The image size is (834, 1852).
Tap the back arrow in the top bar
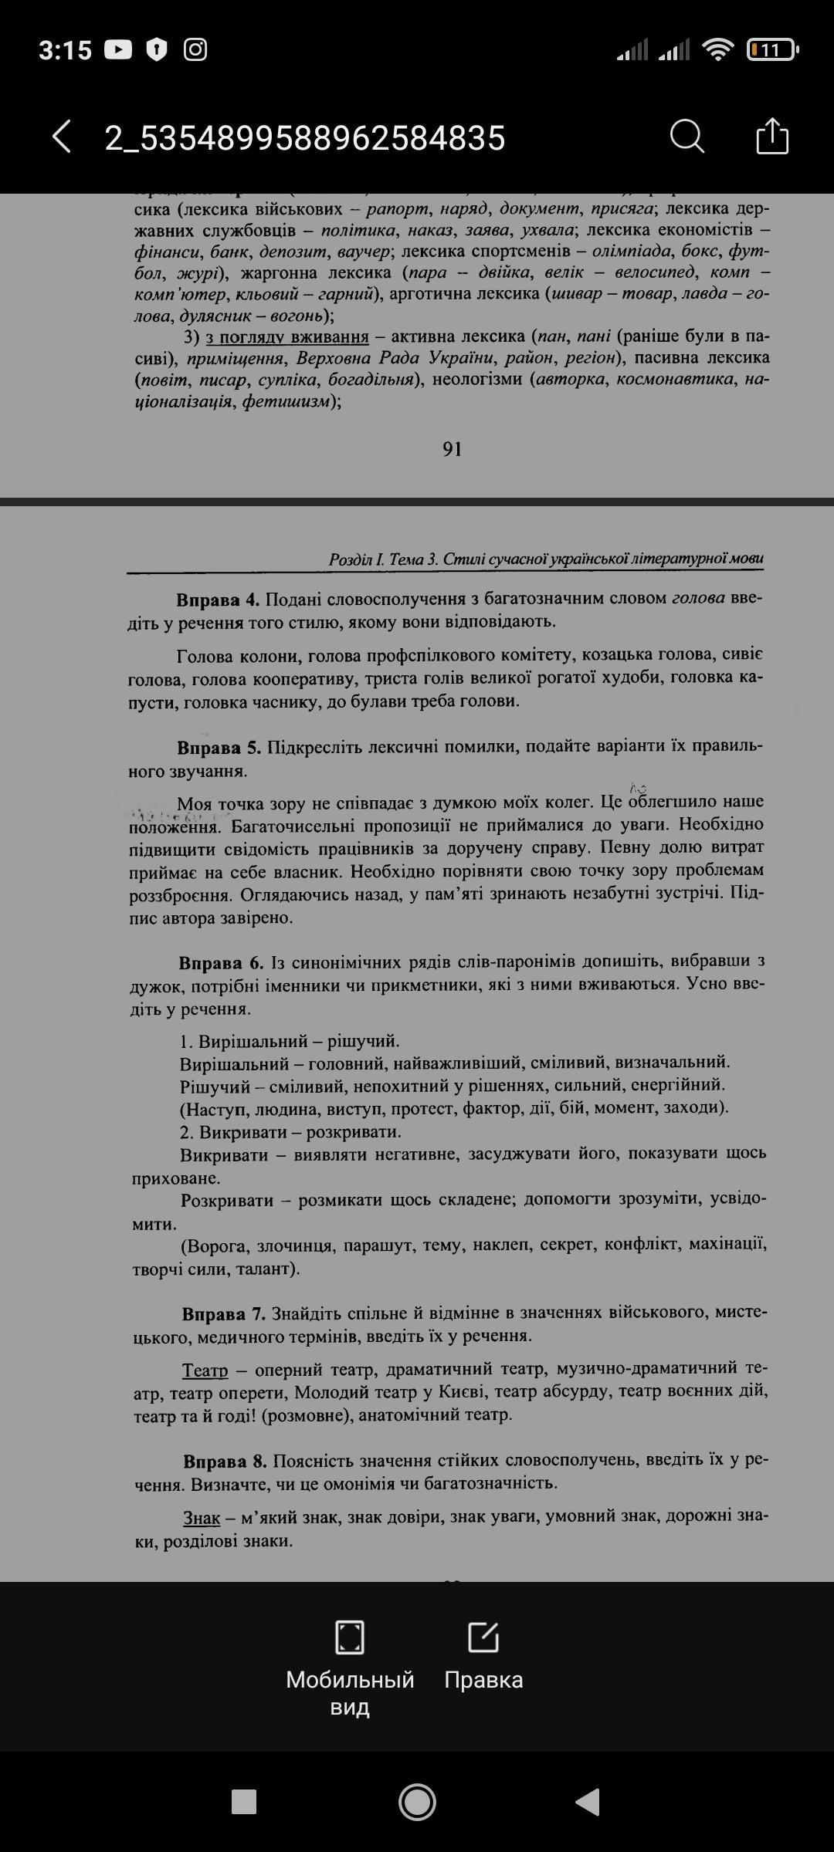(x=62, y=137)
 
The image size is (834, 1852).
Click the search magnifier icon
(x=687, y=137)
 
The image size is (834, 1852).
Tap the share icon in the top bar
(x=771, y=137)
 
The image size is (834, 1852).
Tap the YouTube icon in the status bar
(x=118, y=50)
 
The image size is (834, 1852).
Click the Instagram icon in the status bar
(x=195, y=50)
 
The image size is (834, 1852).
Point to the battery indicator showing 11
(x=771, y=50)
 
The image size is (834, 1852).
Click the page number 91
(x=453, y=449)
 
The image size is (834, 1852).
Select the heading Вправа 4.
(x=218, y=600)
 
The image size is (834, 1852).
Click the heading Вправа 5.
(x=219, y=748)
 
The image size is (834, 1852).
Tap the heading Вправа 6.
(x=221, y=963)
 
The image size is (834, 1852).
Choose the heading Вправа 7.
(x=224, y=1313)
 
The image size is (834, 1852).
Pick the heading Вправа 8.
(x=225, y=1462)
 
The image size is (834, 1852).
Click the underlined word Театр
(x=205, y=1370)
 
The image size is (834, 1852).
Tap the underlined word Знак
(x=202, y=1518)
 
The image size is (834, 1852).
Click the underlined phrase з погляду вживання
(x=287, y=337)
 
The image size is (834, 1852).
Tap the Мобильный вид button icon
(x=350, y=1637)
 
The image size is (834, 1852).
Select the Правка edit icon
(x=483, y=1637)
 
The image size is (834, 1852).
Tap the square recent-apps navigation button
(x=244, y=1802)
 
